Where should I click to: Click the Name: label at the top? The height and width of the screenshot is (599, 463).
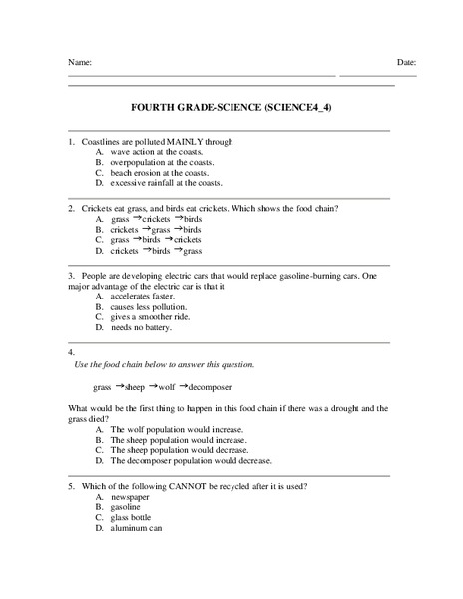pyautogui.click(x=80, y=62)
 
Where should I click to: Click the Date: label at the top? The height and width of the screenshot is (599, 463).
pyautogui.click(x=406, y=62)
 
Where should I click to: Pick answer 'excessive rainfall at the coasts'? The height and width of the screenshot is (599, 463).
pyautogui.click(x=167, y=183)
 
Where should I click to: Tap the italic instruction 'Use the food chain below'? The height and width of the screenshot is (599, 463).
pyautogui.click(x=165, y=364)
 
